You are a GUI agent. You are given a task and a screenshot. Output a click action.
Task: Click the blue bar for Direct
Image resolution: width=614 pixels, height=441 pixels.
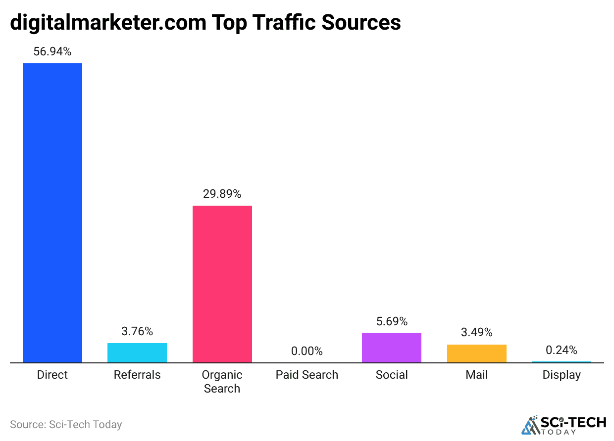pyautogui.click(x=52, y=213)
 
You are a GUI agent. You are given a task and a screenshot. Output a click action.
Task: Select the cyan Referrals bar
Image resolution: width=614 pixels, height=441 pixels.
pyautogui.click(x=137, y=353)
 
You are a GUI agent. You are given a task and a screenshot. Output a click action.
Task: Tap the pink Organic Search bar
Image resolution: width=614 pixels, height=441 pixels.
pyautogui.click(x=222, y=284)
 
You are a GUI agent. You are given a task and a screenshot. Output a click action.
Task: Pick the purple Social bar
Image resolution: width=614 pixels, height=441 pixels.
pyautogui.click(x=392, y=348)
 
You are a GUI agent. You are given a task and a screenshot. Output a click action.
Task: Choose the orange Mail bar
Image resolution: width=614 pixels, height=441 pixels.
pyautogui.click(x=476, y=353)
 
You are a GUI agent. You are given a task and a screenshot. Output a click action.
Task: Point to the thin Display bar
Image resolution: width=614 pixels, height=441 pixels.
pyautogui.click(x=561, y=362)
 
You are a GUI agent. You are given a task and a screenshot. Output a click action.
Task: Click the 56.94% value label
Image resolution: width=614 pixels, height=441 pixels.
pyautogui.click(x=52, y=51)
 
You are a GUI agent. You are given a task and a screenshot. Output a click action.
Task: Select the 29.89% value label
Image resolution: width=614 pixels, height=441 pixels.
pyautogui.click(x=222, y=194)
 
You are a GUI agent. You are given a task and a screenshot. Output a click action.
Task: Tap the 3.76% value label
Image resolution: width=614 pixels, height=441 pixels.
pyautogui.click(x=137, y=331)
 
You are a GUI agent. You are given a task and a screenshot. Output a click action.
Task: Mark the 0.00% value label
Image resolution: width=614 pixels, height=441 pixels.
pyautogui.click(x=307, y=351)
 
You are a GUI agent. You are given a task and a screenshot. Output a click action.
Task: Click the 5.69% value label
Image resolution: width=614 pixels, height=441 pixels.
pyautogui.click(x=392, y=321)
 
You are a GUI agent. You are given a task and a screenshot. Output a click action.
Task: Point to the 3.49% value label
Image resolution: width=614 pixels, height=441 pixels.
pyautogui.click(x=476, y=332)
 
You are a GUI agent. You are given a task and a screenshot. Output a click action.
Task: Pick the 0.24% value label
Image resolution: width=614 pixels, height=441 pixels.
pyautogui.click(x=561, y=350)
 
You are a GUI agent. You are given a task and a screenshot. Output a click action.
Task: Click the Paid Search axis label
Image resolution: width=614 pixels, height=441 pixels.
pyautogui.click(x=307, y=375)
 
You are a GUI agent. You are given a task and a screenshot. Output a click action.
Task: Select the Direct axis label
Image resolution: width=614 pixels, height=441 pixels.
pyautogui.click(x=52, y=375)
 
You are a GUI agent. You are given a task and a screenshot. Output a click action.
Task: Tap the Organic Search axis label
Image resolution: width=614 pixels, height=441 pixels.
pyautogui.click(x=222, y=382)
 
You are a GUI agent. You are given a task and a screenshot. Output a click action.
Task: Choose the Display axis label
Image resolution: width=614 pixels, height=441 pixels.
pyautogui.click(x=561, y=375)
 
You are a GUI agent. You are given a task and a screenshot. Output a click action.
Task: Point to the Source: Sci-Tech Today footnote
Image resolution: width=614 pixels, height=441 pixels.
pyautogui.click(x=66, y=424)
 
